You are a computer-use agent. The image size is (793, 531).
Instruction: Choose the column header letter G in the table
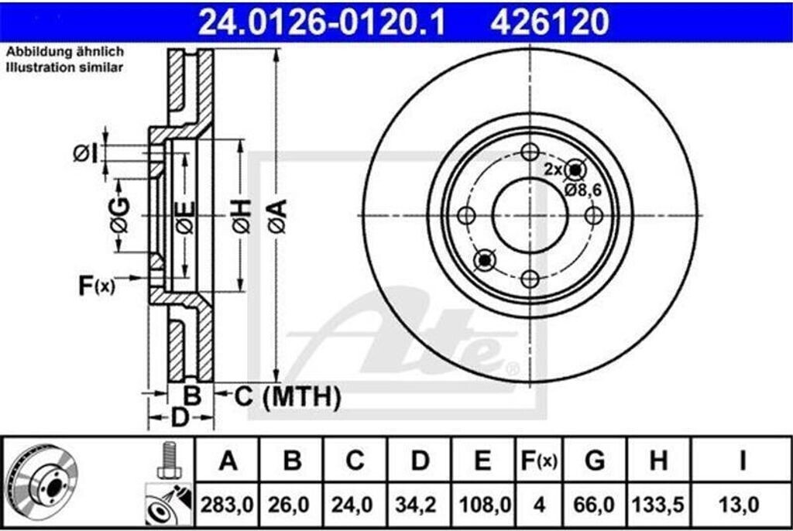[x=595, y=462]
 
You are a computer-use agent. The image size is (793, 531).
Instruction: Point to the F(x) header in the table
[x=538, y=462]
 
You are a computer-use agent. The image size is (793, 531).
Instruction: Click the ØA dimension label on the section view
[x=278, y=216]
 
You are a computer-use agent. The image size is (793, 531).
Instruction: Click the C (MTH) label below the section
[x=287, y=397]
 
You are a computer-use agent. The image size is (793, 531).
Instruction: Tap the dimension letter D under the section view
[x=180, y=418]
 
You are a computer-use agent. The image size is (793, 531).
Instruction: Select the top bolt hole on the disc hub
[x=530, y=152]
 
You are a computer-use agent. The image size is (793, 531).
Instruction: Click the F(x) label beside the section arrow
[x=96, y=286]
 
